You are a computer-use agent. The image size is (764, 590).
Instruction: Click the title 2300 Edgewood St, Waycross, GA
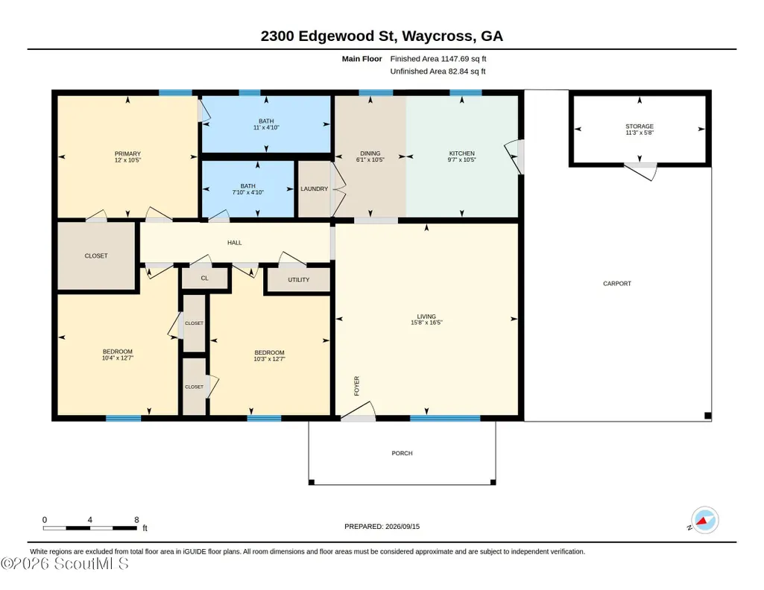click(x=382, y=36)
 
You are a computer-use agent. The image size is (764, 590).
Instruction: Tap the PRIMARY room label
click(x=127, y=153)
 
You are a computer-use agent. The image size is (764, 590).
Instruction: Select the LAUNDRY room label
click(x=315, y=189)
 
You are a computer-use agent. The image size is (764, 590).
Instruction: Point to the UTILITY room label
click(x=299, y=280)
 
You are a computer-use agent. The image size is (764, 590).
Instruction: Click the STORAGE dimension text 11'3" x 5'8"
click(x=640, y=133)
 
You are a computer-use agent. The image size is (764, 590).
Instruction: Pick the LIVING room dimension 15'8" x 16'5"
click(x=426, y=323)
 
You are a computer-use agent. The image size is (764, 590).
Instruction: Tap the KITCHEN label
click(x=462, y=153)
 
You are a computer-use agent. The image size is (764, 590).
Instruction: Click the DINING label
click(x=370, y=153)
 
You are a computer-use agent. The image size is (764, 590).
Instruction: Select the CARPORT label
click(x=617, y=283)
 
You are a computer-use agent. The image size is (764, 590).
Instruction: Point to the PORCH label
click(x=402, y=453)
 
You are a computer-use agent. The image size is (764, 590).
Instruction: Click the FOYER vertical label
click(x=357, y=386)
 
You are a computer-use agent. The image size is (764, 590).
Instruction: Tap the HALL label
click(x=234, y=242)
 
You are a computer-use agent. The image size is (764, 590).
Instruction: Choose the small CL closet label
click(x=205, y=279)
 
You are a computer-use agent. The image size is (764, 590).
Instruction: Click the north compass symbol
click(x=704, y=521)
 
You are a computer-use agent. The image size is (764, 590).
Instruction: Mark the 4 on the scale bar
click(x=89, y=520)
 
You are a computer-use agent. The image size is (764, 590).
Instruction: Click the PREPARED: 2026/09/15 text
click(x=382, y=526)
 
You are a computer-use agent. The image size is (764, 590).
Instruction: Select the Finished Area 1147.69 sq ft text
click(x=438, y=59)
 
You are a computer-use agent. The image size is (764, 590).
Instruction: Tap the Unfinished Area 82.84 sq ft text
click(x=438, y=71)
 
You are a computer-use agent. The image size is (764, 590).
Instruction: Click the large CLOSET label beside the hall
click(x=96, y=256)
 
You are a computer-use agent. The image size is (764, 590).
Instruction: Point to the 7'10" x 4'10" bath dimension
click(x=248, y=192)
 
